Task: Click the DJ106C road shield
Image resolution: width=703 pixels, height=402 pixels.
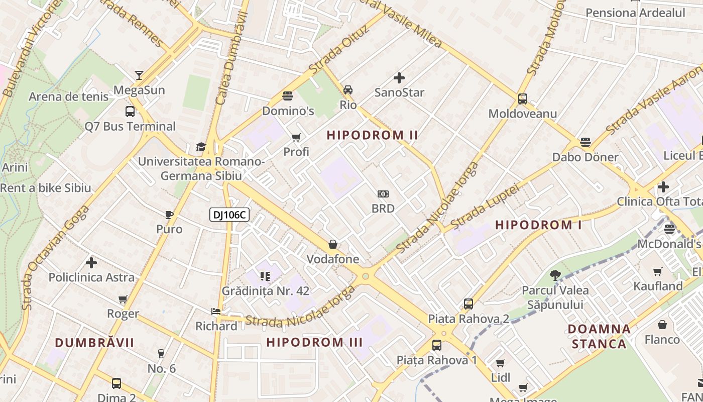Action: coord(229,215)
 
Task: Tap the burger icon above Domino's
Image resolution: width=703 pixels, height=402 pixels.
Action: coord(288,95)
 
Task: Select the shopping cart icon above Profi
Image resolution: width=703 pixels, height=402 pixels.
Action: coord(296,137)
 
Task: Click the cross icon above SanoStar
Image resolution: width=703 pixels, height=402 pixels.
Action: coord(399,78)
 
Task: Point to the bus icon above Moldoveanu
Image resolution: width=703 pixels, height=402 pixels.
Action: coord(523,99)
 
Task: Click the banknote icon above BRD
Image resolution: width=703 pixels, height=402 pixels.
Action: coord(383,194)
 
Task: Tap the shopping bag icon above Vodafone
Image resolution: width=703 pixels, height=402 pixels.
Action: coord(332,245)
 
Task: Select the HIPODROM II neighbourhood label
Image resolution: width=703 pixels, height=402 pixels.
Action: coord(373,135)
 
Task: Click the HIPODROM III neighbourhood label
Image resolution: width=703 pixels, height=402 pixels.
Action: coord(314,342)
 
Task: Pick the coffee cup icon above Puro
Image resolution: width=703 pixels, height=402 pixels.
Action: coord(169,215)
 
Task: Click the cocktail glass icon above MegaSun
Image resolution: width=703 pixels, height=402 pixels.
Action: coord(139,75)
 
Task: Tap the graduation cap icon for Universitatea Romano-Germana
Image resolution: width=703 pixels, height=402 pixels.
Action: coord(201,147)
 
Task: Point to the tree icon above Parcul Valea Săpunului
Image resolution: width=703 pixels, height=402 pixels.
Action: coord(555,275)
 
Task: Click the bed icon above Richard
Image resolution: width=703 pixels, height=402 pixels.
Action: coord(216,312)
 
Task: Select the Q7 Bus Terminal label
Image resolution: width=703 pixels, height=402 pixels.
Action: coord(130,126)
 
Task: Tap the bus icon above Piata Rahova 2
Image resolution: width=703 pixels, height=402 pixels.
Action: coord(468,304)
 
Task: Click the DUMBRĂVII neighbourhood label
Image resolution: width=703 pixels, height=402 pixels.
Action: coord(94,342)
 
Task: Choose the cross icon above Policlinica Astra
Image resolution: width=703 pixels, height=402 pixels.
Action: coord(91,263)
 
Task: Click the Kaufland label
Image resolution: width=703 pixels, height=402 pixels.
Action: coord(658,286)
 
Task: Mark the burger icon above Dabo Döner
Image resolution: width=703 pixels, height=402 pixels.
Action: coord(585,142)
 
